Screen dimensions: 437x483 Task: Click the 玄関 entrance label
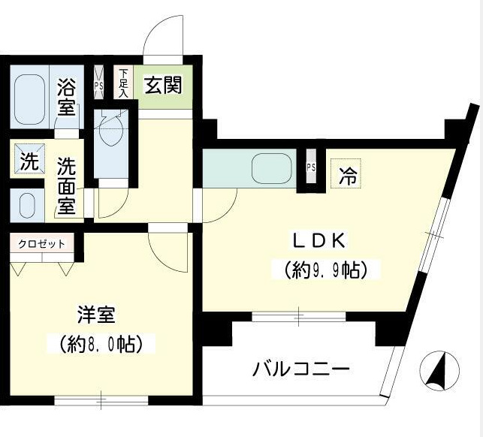162,85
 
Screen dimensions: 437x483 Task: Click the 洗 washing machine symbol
28,160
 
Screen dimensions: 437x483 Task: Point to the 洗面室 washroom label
67,185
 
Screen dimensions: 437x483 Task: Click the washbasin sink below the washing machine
27,204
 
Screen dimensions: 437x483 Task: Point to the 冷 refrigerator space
348,176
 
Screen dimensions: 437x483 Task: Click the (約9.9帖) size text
325,269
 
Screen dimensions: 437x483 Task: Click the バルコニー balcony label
300,369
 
